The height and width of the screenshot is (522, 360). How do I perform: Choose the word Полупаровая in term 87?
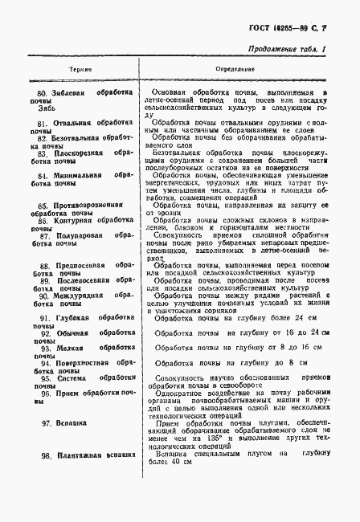click(x=72, y=235)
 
